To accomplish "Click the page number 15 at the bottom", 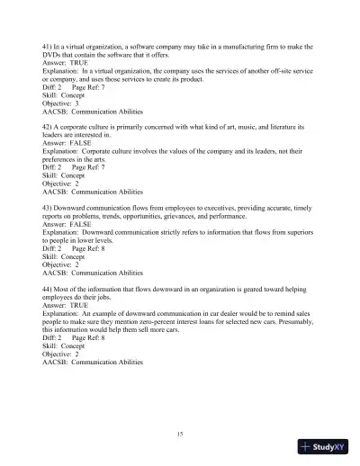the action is [x=180, y=435].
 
